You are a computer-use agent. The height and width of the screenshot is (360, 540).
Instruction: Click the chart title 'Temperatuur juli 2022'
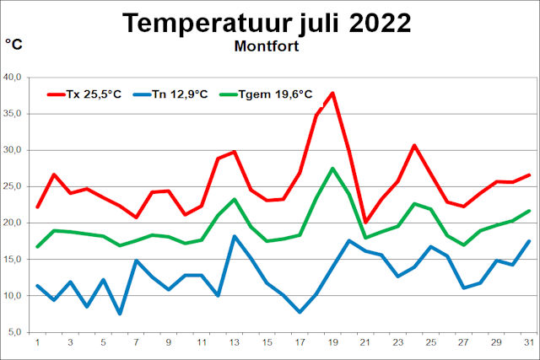pyautogui.click(x=267, y=23)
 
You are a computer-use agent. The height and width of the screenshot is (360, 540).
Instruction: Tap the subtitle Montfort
pyautogui.click(x=267, y=46)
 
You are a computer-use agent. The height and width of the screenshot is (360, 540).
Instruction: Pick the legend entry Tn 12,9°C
pyautogui.click(x=179, y=94)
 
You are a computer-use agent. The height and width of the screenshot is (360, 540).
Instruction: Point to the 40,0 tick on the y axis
pyautogui.click(x=13, y=78)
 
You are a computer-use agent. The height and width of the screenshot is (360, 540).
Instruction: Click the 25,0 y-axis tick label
pyautogui.click(x=13, y=186)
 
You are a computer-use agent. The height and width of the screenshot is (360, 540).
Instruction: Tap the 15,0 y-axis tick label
pyautogui.click(x=13, y=260)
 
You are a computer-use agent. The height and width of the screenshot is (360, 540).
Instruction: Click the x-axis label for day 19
pyautogui.click(x=333, y=343)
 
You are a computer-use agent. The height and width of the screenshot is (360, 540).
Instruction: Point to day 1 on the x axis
pyautogui.click(x=37, y=343)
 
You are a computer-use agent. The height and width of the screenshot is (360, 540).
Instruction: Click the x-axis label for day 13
pyautogui.click(x=235, y=343)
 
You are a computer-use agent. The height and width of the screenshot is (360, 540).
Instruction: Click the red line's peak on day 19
pyautogui.click(x=333, y=93)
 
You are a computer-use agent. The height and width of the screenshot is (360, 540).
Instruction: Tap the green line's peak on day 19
pyautogui.click(x=333, y=168)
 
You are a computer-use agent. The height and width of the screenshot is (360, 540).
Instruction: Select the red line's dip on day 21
pyautogui.click(x=366, y=222)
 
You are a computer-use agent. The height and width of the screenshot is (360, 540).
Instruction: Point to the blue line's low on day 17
pyautogui.click(x=300, y=312)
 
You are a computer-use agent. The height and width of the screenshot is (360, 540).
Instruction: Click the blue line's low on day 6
pyautogui.click(x=120, y=314)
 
